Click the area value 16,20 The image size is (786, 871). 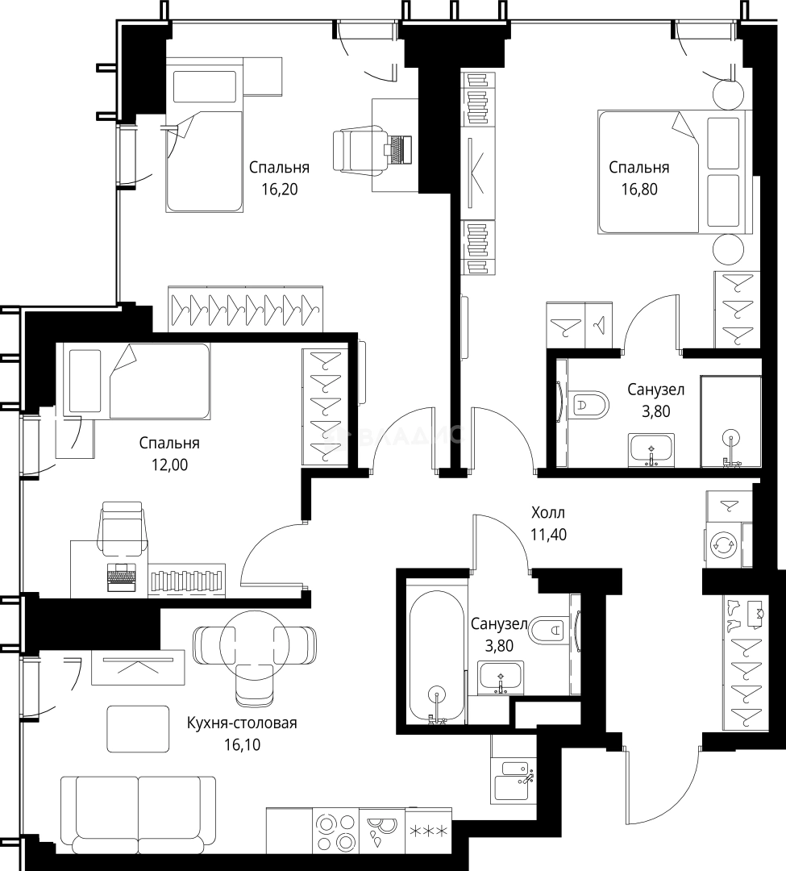click(x=280, y=190)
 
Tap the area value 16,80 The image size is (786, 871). click(x=639, y=190)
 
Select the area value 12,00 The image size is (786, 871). click(x=170, y=465)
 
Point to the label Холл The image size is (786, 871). click(x=548, y=512)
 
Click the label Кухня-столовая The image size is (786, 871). click(x=242, y=723)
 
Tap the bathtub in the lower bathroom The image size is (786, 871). click(x=436, y=656)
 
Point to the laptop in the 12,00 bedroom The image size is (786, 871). click(x=122, y=577)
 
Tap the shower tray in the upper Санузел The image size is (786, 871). click(x=730, y=421)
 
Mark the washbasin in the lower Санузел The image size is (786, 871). click(x=501, y=677)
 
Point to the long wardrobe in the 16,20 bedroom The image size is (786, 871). click(x=245, y=309)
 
